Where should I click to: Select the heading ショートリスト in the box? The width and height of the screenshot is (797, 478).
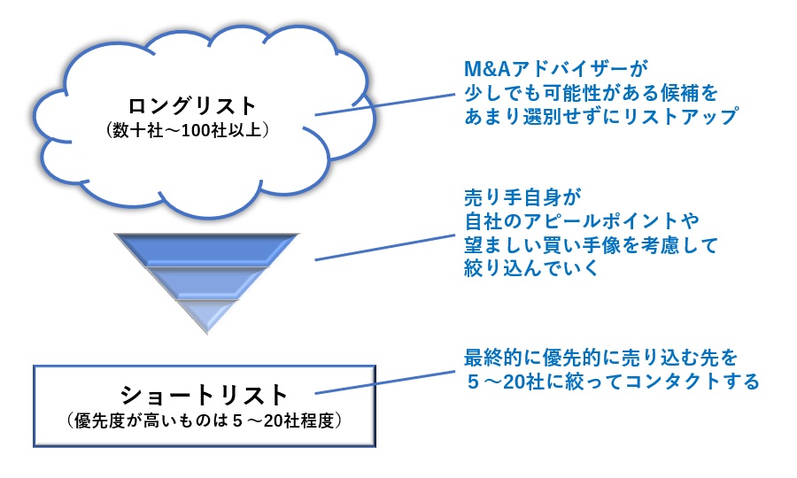click(205, 393)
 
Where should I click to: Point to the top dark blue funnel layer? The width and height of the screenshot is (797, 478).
click(205, 249)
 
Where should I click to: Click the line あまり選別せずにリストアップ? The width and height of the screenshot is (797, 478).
click(601, 116)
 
